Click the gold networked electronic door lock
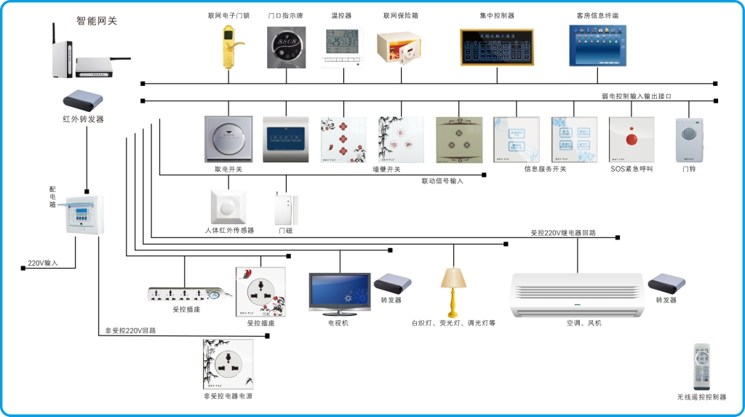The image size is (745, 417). click(229, 46)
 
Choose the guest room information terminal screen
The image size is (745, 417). click(598, 46)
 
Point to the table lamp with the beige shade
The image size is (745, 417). click(453, 289)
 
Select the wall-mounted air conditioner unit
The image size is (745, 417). click(578, 294)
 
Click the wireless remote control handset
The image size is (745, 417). click(701, 367)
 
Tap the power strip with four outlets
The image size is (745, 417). click(186, 295)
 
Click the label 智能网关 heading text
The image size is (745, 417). click(97, 21)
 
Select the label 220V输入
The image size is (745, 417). click(42, 263)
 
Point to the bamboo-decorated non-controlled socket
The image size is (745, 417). click(228, 364)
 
